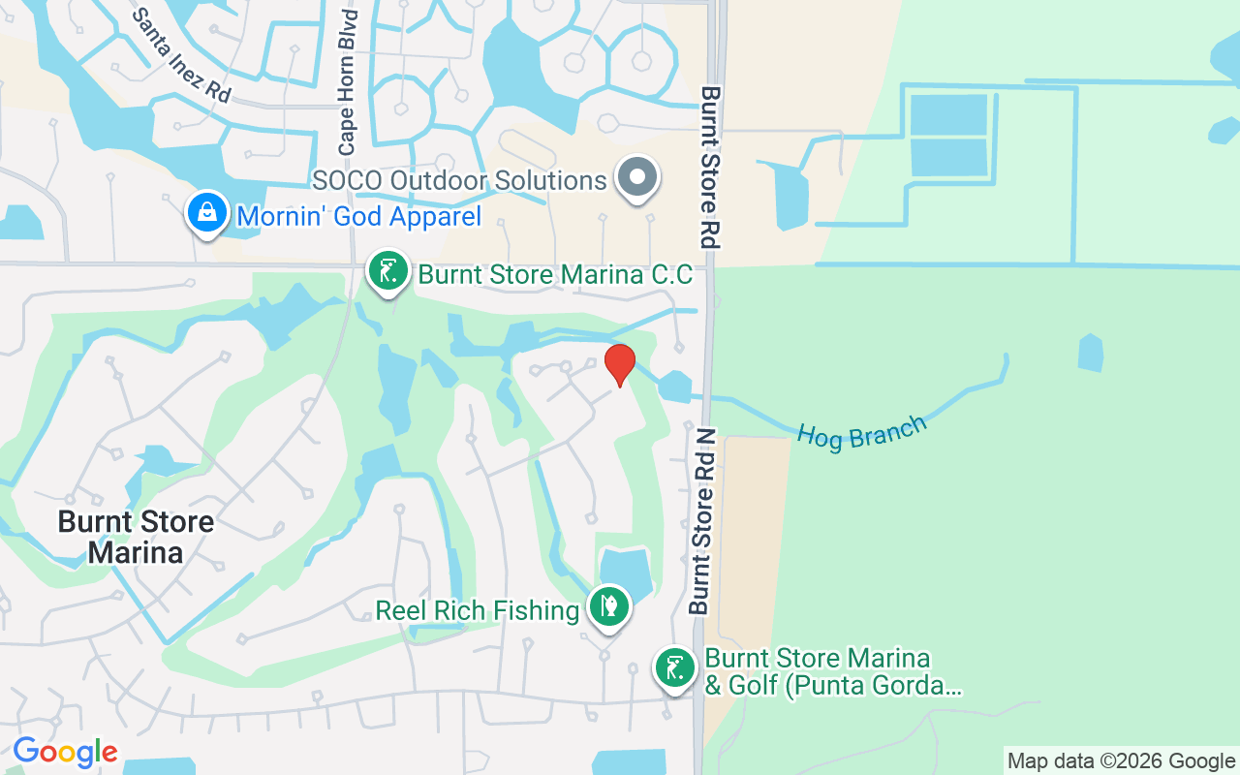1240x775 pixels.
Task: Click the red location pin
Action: coord(620,365)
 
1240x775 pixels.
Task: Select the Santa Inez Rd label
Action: coord(182,55)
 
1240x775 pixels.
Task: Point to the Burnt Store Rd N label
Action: coord(702,521)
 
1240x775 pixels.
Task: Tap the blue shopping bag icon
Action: coord(207,214)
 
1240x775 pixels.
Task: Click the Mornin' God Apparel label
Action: coord(358,216)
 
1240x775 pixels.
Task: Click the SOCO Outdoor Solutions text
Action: coord(459,180)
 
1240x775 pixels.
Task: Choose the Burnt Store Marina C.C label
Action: coord(555,275)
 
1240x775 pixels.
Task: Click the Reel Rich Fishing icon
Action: coord(609,607)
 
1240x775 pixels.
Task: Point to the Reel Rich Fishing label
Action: coord(477,610)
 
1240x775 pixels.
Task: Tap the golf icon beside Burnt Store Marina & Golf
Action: coord(674,668)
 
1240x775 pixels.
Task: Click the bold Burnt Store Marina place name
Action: coord(136,537)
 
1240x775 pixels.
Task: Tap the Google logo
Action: coord(65,752)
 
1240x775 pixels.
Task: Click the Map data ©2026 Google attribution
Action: coord(1120,761)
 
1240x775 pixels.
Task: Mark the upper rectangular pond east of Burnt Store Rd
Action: coord(948,114)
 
